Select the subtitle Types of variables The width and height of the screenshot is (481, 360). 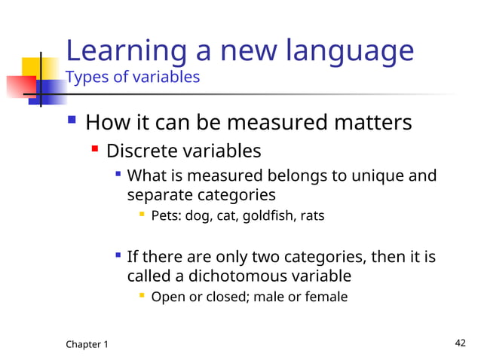133,77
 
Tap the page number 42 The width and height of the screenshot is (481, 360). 461,343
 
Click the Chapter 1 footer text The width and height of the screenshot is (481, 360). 87,344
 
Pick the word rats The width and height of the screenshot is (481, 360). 311,216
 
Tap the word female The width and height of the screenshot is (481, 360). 326,297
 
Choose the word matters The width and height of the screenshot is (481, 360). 375,122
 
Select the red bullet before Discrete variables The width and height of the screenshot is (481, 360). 95,150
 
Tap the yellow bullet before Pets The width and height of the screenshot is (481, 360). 141,215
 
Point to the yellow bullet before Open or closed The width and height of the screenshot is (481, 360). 141,296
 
